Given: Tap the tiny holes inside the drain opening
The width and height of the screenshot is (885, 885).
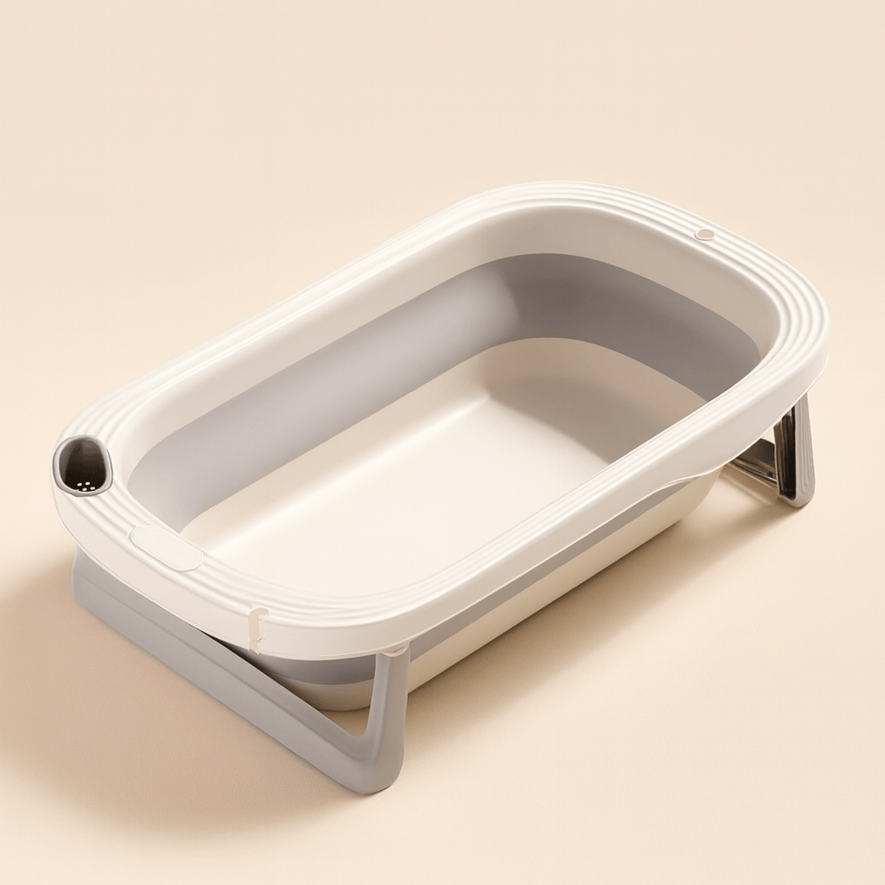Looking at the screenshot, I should click(x=84, y=485).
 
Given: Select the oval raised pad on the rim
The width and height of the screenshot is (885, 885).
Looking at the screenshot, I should click(x=166, y=548).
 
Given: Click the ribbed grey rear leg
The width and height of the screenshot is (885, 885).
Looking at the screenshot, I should click(x=795, y=454).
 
